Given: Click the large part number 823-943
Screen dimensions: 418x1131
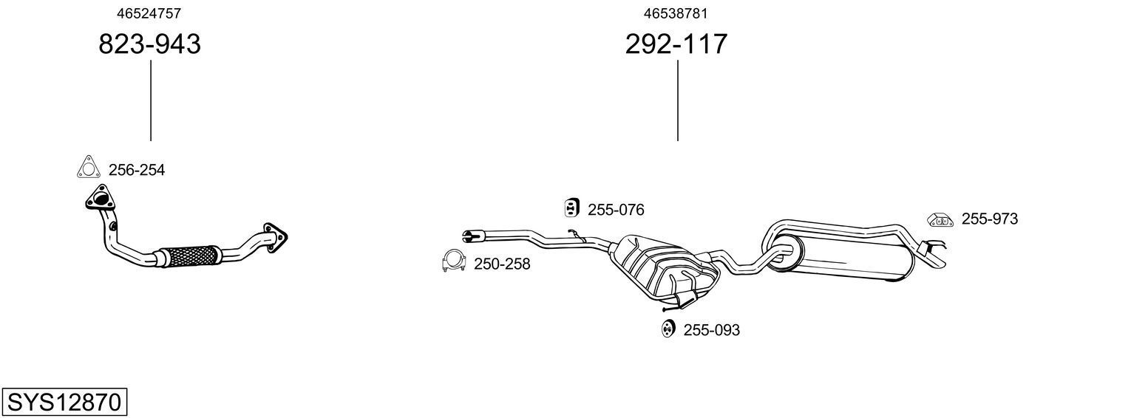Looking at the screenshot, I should (149, 44).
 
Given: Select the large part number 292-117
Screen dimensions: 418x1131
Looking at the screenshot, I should (676, 44).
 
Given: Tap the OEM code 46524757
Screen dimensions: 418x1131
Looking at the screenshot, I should (149, 13).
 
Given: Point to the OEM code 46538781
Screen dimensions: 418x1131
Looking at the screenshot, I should (676, 13).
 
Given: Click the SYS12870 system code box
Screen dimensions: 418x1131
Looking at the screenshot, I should (64, 402).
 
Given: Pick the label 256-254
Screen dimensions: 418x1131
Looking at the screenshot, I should (137, 171).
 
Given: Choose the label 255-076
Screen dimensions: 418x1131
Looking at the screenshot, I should (616, 210).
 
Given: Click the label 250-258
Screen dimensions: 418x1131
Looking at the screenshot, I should (502, 264).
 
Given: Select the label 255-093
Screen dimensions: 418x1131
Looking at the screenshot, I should (711, 330).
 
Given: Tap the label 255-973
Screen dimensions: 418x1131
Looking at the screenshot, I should (989, 219).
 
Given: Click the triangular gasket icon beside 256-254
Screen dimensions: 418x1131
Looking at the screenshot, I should (88, 168).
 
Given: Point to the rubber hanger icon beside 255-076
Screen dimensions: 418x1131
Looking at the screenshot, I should (571, 208).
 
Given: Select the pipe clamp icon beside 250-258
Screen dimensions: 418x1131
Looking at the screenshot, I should (452, 261).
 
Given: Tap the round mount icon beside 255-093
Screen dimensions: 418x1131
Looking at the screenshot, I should (668, 329).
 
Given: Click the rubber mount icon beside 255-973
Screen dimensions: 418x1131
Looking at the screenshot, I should (939, 219).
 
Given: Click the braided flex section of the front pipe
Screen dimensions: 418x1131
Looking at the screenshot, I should (190, 256).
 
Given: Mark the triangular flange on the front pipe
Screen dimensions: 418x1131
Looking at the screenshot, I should (98, 199).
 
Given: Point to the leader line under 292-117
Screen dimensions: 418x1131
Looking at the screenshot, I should (677, 100).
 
